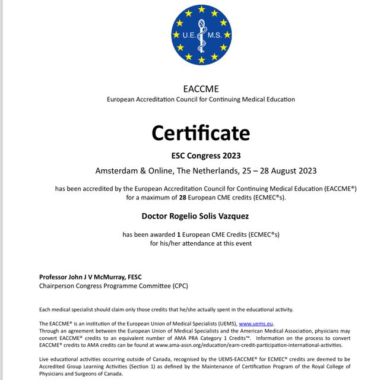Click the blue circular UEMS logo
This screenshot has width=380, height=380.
(201, 35)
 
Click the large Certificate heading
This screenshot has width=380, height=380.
(200, 132)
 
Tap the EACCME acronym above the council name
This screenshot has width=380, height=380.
(201, 89)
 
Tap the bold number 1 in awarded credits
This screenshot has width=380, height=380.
(179, 235)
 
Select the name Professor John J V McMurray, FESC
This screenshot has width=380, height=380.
(90, 277)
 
